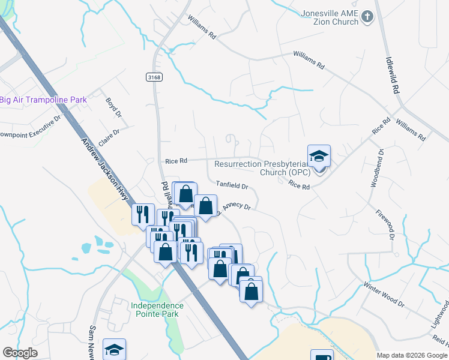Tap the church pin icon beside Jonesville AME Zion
pos(367,17)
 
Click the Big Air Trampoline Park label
pos(43,100)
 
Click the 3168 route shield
pos(154,77)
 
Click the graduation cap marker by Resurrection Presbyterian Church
pos(319,157)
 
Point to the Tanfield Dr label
pos(232,186)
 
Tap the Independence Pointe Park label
pos(157,310)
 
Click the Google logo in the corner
pos(20,353)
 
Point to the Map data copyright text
pos(411,355)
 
